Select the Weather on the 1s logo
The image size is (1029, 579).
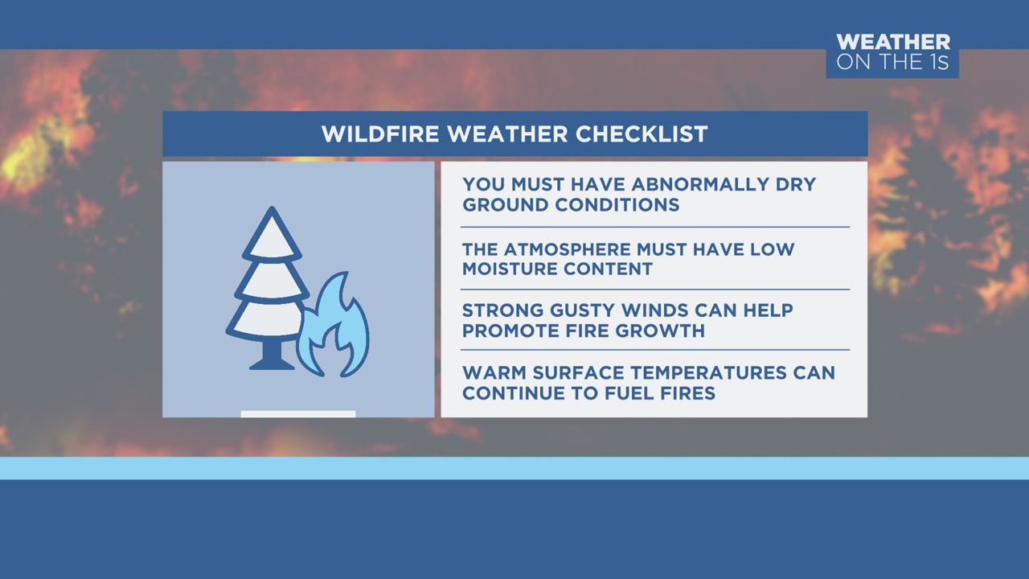pyautogui.click(x=892, y=52)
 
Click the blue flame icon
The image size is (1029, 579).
pyautogui.click(x=333, y=328)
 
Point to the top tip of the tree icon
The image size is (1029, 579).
pyautogui.click(x=273, y=211)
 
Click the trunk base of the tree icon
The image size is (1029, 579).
pyautogui.click(x=272, y=363)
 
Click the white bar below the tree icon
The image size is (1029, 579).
pyautogui.click(x=298, y=414)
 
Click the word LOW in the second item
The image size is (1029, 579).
pyautogui.click(x=772, y=248)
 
